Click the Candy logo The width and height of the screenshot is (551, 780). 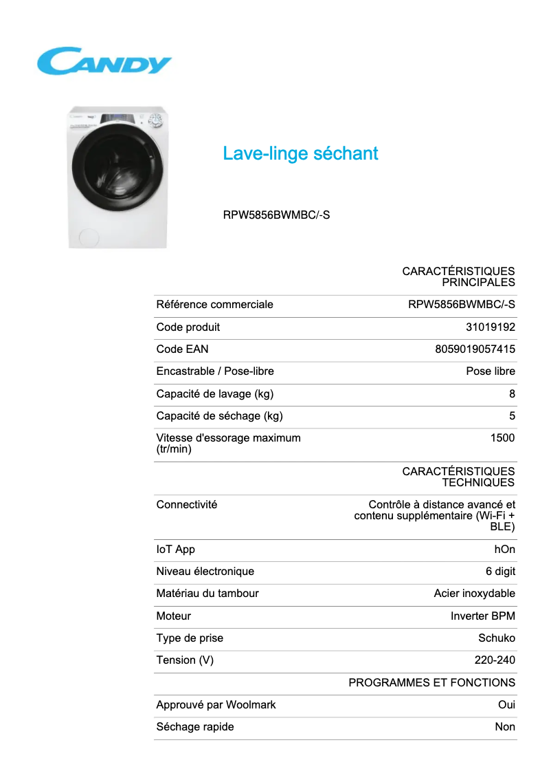point(104,61)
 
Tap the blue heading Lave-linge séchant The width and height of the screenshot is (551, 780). point(300,153)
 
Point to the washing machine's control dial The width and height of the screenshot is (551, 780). point(156,121)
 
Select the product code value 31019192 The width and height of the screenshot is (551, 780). point(491,327)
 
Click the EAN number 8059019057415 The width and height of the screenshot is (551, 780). point(475,349)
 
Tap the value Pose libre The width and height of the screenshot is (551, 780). point(491,371)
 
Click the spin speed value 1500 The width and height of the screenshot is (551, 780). point(502,438)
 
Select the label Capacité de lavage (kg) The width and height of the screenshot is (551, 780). point(214,394)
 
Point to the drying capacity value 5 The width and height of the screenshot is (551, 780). point(512,416)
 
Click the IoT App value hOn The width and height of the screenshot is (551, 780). point(504,550)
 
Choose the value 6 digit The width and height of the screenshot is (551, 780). point(500,572)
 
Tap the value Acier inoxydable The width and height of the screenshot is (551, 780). point(474,594)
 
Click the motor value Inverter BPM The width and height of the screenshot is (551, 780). point(482,616)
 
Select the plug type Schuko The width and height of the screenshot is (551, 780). point(496,638)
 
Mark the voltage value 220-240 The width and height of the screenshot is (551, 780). point(495,660)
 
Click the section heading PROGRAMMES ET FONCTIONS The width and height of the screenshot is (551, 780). point(431,683)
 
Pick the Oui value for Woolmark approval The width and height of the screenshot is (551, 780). point(506,705)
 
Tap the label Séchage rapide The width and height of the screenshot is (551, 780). point(195,727)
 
